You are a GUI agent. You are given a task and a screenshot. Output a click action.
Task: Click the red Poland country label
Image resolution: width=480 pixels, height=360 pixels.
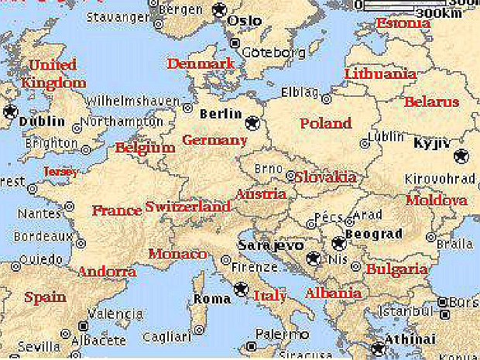(326, 123)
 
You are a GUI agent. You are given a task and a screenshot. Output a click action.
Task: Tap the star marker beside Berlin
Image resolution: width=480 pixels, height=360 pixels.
(252, 122)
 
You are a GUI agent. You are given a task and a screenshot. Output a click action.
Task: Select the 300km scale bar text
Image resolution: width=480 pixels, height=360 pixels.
(438, 13)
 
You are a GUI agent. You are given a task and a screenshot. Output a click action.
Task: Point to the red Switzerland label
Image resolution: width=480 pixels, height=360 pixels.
(188, 207)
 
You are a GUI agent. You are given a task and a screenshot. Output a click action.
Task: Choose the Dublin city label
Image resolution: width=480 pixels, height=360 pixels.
(41, 122)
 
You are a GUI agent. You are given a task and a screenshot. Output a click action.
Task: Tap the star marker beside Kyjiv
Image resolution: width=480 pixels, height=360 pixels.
(462, 155)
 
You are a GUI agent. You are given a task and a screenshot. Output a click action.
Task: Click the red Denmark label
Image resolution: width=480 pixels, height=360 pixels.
(201, 63)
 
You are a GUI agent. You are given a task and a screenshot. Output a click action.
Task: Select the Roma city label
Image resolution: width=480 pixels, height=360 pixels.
(212, 298)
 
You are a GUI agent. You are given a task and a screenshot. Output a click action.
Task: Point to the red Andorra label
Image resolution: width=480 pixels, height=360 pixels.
(107, 272)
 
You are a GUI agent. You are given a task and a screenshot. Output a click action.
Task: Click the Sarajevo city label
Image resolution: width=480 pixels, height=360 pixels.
(266, 245)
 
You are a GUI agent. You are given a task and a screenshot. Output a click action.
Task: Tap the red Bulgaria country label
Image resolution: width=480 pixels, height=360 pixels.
(396, 269)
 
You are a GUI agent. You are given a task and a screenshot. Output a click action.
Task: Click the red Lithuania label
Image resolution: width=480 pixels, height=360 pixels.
(379, 74)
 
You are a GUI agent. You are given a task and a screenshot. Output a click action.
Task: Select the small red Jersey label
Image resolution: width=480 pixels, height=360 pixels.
(61, 171)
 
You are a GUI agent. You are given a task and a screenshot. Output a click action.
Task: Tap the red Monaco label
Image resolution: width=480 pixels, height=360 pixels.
(177, 254)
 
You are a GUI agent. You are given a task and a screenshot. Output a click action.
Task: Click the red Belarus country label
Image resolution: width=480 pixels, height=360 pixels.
(431, 101)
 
